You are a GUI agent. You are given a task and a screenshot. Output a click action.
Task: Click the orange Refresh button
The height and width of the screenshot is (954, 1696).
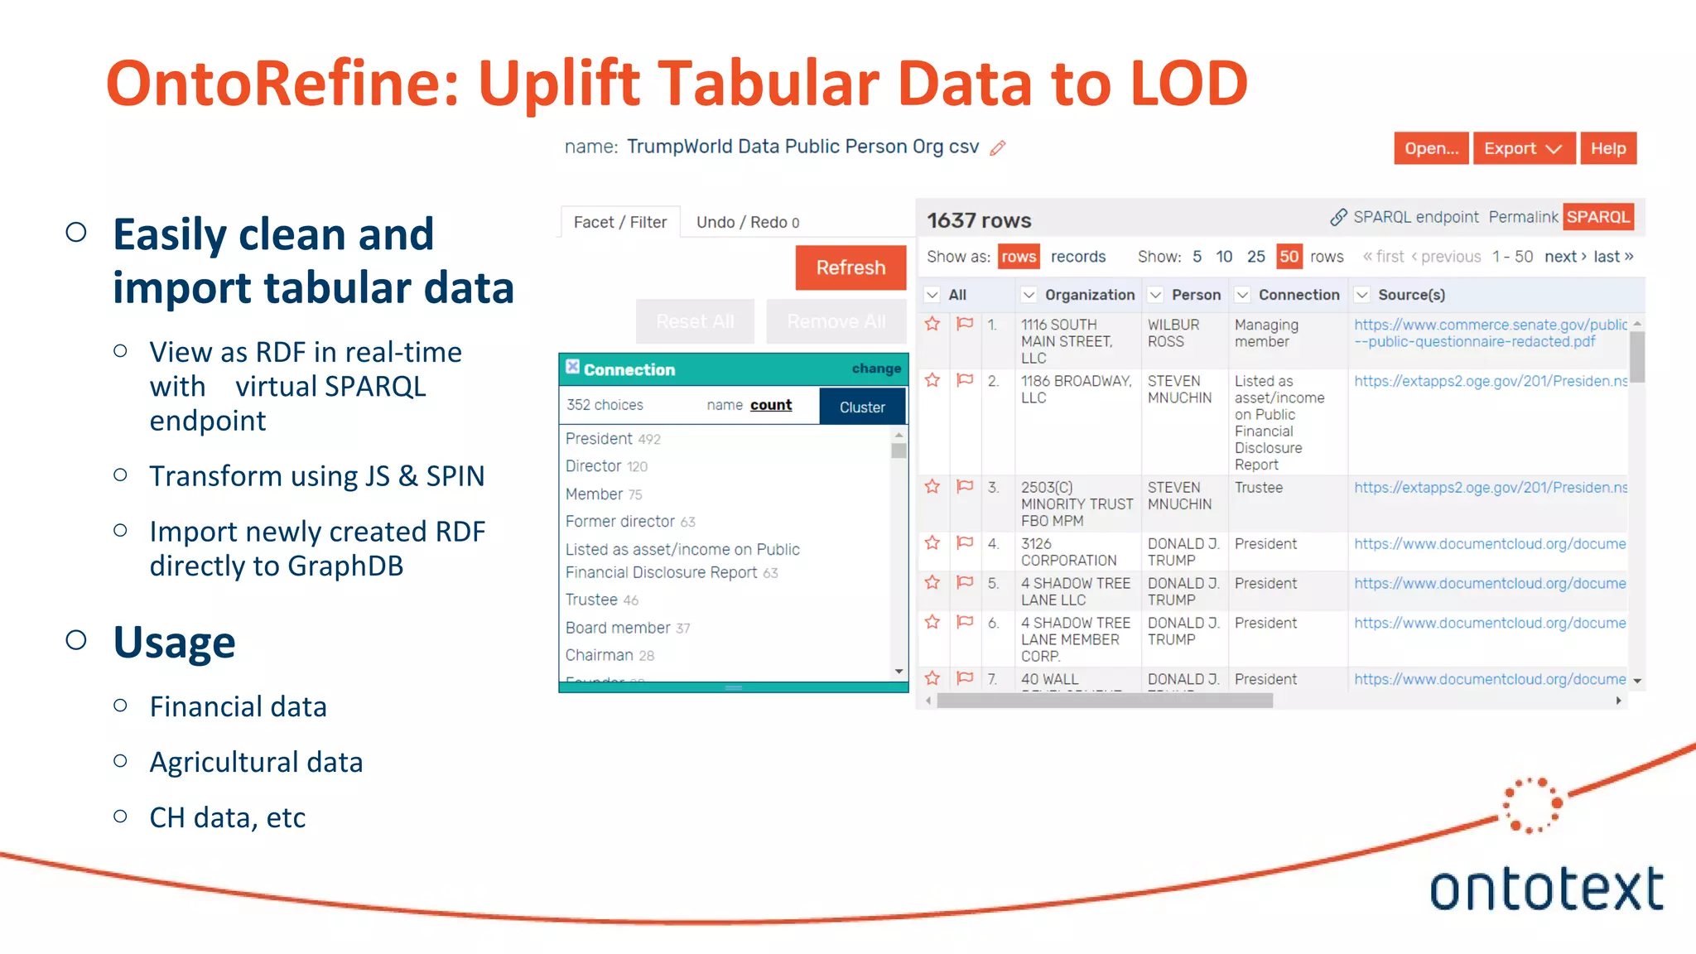850,267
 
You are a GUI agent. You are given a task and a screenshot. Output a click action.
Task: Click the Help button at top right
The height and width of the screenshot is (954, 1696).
1607,148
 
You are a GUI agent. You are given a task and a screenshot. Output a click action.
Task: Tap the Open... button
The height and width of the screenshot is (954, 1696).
1431,148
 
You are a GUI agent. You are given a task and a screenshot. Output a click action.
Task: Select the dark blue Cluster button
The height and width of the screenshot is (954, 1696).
861,407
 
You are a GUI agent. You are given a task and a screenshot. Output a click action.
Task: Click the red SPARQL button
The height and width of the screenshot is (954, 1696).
1597,217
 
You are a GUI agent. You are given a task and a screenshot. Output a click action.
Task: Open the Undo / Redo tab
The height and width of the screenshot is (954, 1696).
747,222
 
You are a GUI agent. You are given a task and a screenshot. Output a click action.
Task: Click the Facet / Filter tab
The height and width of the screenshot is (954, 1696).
619,222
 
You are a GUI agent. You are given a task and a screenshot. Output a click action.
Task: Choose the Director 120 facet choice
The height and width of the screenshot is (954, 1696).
605,466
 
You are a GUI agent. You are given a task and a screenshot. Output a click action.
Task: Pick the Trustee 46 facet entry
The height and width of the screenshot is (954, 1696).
601,600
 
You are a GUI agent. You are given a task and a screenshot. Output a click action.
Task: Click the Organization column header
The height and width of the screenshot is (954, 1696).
1089,295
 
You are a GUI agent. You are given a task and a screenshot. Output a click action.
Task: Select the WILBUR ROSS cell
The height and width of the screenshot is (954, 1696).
1173,333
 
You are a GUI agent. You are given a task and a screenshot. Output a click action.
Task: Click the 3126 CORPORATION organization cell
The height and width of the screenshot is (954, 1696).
1067,552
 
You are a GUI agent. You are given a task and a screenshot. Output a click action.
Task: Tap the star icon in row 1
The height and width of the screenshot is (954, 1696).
932,324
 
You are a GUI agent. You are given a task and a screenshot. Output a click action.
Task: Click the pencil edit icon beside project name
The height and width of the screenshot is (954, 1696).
998,148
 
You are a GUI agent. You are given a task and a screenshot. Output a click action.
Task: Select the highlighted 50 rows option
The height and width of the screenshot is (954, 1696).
1289,257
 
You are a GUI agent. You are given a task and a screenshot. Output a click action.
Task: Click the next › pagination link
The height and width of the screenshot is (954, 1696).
1564,257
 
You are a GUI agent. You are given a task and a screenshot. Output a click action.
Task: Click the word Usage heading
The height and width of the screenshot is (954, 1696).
174,642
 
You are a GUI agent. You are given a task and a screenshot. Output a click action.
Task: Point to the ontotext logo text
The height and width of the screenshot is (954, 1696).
1545,889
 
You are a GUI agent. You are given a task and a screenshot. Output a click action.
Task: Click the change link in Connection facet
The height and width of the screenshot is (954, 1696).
875,369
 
